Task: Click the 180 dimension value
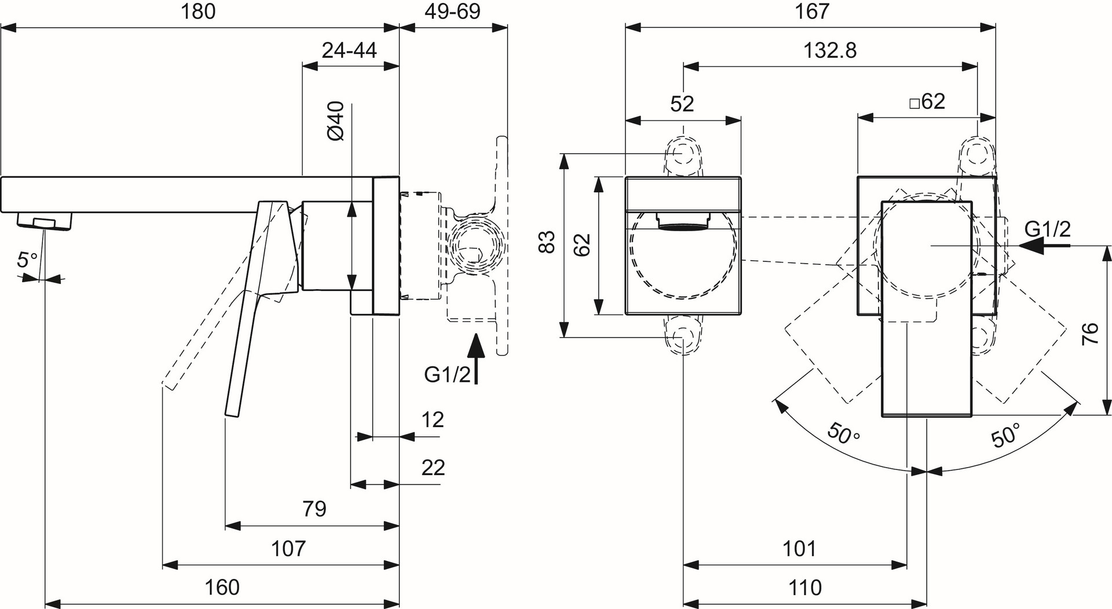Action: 199,12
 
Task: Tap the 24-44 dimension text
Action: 349,50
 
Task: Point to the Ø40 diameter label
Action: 336,121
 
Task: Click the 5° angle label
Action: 27,260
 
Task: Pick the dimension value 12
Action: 432,420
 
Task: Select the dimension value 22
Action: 433,468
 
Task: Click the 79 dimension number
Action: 314,509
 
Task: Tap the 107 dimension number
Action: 288,548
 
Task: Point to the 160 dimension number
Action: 222,588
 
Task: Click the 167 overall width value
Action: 813,12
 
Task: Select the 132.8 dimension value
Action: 830,50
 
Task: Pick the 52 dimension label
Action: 682,104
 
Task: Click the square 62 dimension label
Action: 927,102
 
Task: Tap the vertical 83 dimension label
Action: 547,242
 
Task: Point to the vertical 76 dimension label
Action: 1090,334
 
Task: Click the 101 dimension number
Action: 799,548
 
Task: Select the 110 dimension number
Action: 805,588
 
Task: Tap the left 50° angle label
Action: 843,433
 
